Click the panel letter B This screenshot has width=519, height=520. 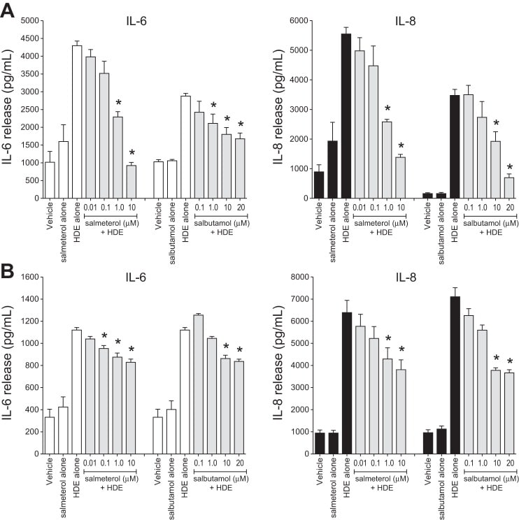point(9,268)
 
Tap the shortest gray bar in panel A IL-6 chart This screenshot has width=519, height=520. point(130,181)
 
